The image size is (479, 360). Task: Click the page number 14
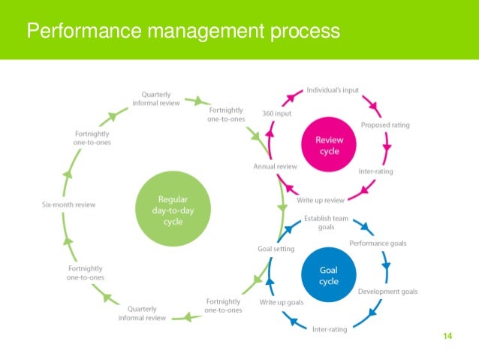447,335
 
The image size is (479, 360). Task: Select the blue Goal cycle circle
329,276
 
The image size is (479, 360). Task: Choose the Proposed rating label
385,125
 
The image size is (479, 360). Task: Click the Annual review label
276,166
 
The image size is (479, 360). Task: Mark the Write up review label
321,200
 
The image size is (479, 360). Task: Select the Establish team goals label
325,222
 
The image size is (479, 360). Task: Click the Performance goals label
378,244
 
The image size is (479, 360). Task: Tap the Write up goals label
282,302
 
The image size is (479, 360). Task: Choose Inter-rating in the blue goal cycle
330,328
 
